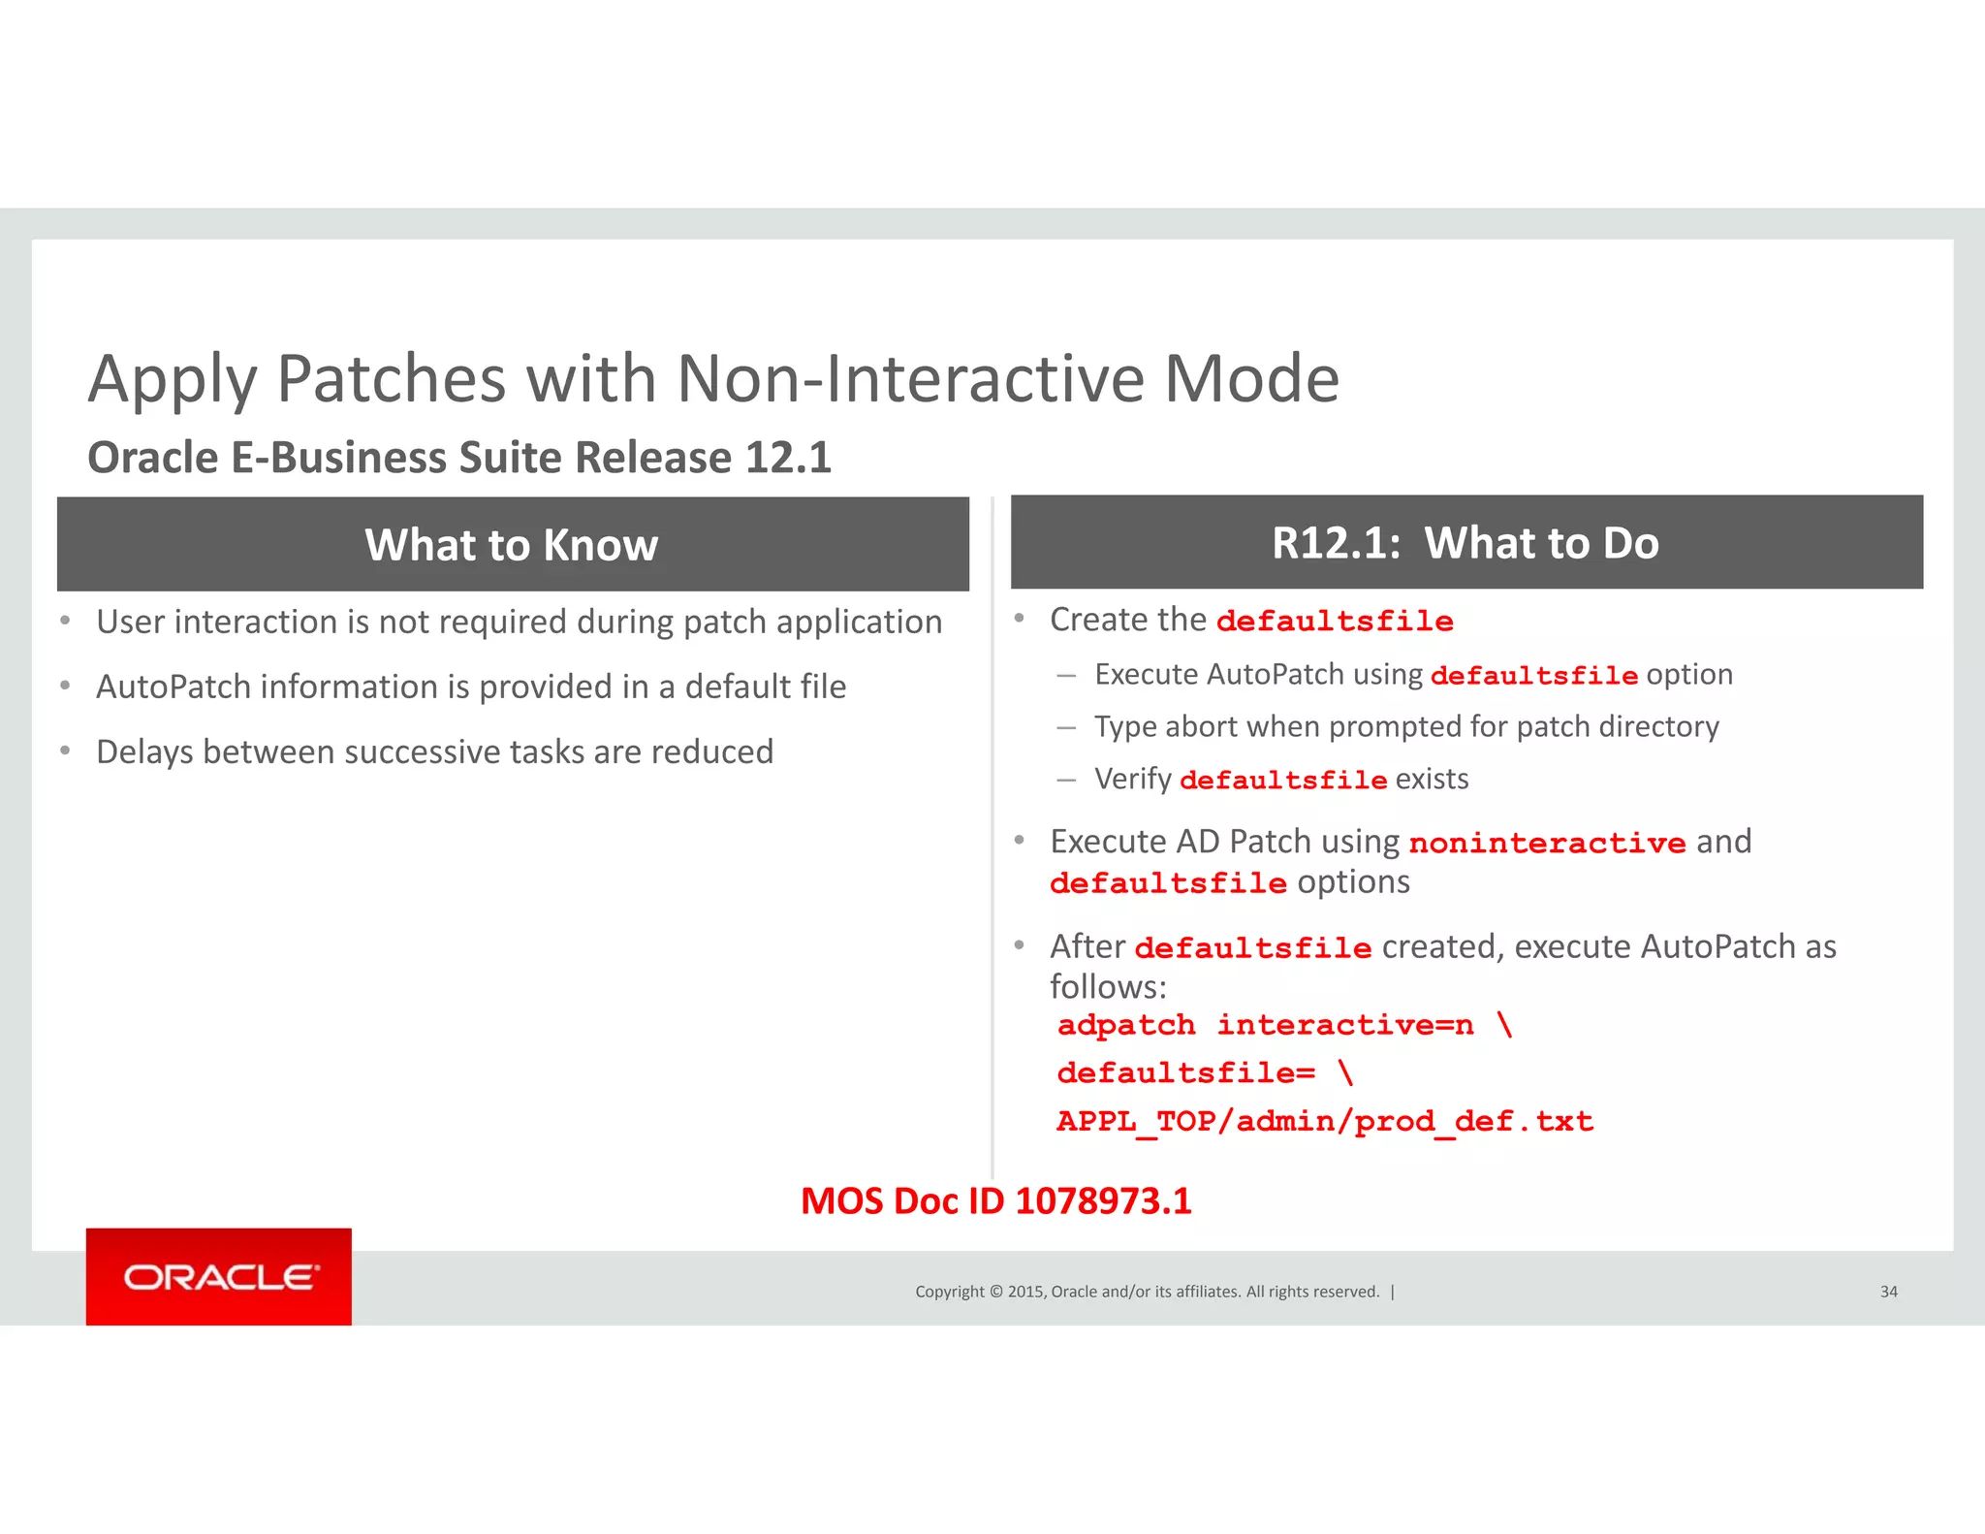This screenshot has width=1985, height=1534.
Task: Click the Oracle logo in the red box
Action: pos(220,1277)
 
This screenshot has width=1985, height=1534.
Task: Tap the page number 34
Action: pos(1888,1292)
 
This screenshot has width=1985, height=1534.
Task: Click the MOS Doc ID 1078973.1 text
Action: pos(995,1201)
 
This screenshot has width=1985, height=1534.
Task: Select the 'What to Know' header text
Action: pos(512,545)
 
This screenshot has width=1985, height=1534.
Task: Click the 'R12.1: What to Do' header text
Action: pos(1465,543)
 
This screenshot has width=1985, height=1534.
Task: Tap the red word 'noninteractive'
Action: pos(1547,843)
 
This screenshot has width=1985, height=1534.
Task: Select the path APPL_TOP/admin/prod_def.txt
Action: pos(1324,1122)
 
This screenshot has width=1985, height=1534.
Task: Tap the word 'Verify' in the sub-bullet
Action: pos(1132,779)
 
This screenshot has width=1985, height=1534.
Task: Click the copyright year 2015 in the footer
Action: pos(1025,1292)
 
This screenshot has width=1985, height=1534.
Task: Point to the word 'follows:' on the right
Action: pos(1108,987)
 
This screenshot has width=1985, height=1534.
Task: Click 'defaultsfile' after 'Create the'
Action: pos(1335,622)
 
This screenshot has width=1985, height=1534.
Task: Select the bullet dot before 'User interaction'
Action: pos(65,621)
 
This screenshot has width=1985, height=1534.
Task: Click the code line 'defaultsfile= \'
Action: pos(1204,1073)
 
